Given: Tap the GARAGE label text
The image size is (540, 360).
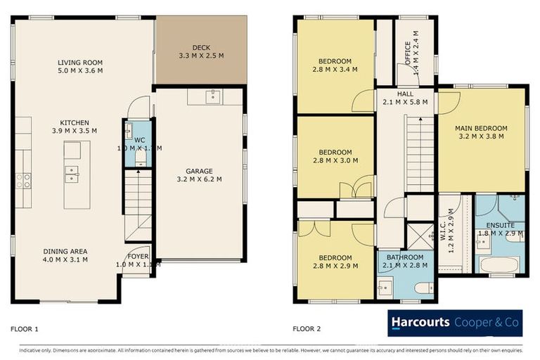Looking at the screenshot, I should point(200,170).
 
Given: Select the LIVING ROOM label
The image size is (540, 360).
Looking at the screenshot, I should point(80,62).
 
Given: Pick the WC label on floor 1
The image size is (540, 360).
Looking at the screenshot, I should point(139,140).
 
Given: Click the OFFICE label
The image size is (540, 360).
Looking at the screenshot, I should point(407,53).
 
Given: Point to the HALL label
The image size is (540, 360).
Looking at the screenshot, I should point(405,94).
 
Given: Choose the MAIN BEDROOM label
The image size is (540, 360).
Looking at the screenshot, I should point(480,128).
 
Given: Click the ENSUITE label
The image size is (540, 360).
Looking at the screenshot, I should point(500,225).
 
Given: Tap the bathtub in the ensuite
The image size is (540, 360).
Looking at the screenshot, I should point(499,265).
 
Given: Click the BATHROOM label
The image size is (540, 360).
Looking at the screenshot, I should point(404,257).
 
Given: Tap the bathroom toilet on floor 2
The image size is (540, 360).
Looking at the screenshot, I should point(424,288).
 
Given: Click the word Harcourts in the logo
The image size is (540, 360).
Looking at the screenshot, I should point(420,323).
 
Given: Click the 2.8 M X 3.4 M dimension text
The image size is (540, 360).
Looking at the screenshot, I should point(335,70).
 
